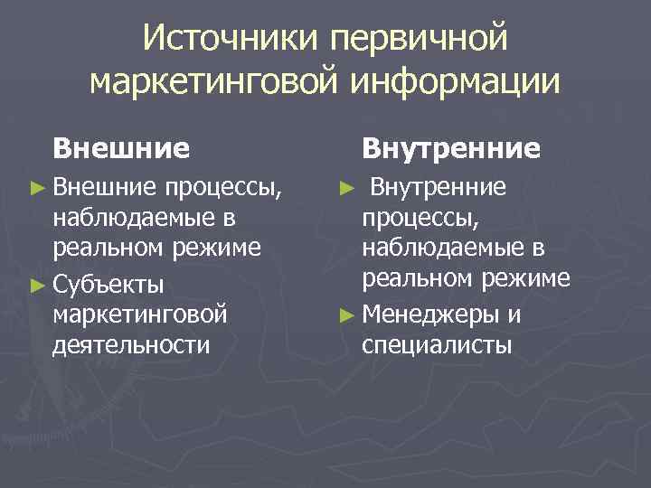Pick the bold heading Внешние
click(121, 146)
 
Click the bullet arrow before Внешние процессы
click(36, 189)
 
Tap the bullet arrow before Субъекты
click(36, 286)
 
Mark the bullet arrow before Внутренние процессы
click(345, 189)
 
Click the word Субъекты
click(108, 286)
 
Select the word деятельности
click(131, 344)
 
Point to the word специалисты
click(437, 344)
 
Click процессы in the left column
click(224, 189)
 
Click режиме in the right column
click(525, 277)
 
